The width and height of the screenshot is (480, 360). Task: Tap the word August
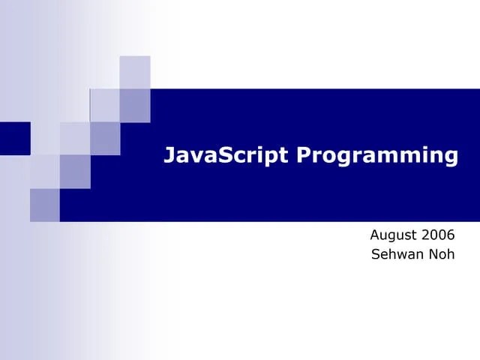(x=394, y=235)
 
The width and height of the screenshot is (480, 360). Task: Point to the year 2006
(x=439, y=235)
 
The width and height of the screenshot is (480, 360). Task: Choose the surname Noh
(x=442, y=254)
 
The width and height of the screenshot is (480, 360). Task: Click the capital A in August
(x=375, y=235)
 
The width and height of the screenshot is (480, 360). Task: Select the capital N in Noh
(x=433, y=254)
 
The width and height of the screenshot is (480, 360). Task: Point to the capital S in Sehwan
(x=376, y=254)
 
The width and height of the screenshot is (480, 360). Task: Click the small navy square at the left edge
(x=14, y=138)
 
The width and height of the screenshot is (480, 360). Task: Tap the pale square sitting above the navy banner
(x=135, y=72)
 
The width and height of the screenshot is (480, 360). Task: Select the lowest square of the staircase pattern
(x=44, y=205)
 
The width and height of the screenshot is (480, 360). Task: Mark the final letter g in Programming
(x=449, y=158)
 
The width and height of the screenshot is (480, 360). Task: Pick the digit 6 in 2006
(x=451, y=235)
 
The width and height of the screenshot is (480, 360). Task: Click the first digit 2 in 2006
(x=427, y=235)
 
